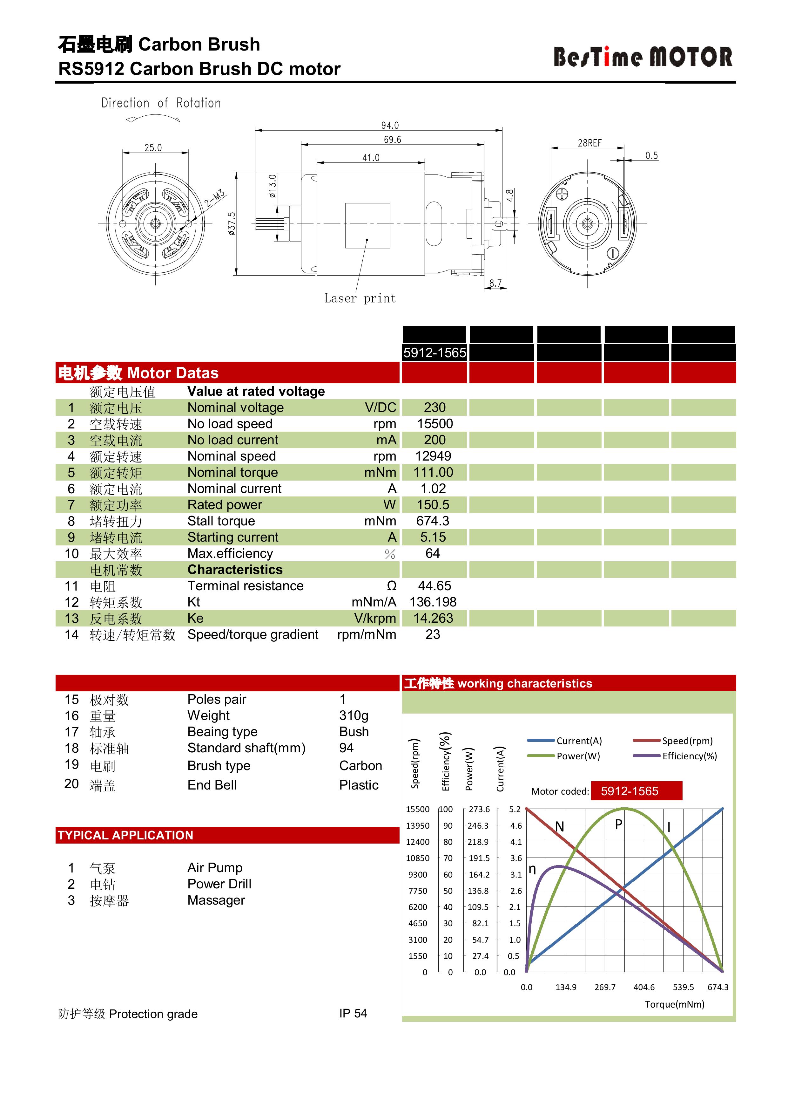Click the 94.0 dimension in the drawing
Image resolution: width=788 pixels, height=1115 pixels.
[390, 125]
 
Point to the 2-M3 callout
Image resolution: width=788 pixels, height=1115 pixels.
[214, 198]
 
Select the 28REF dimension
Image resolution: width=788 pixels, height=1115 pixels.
[589, 143]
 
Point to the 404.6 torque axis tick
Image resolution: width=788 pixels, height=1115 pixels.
[643, 987]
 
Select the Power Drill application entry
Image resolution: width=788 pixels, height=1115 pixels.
[219, 884]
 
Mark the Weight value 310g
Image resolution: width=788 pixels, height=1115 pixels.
[354, 715]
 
